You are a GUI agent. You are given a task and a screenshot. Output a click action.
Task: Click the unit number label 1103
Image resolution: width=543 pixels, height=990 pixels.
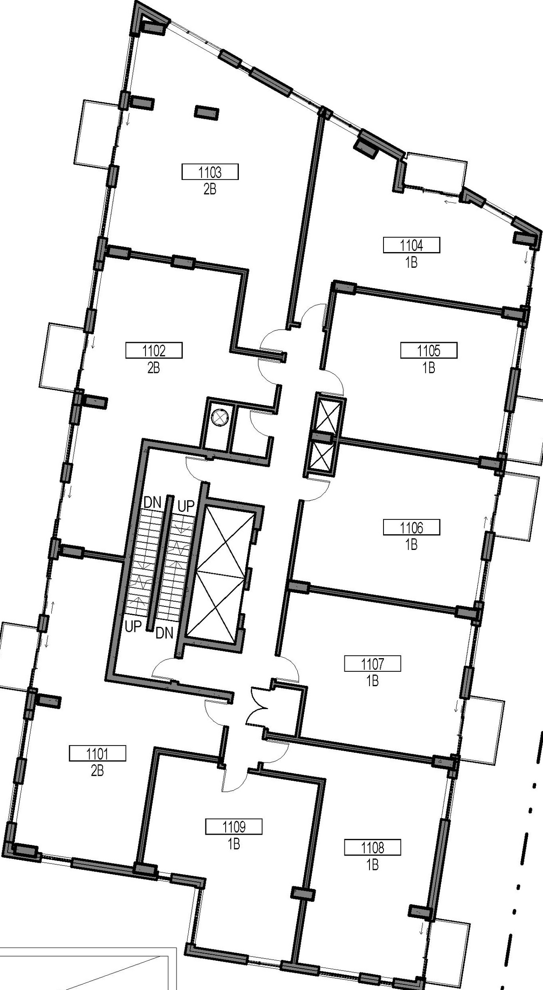tap(210, 172)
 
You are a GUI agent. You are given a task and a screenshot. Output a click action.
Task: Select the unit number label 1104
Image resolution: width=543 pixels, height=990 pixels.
tap(411, 245)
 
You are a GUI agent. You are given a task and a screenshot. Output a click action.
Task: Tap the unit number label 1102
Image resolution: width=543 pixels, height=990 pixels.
tap(154, 351)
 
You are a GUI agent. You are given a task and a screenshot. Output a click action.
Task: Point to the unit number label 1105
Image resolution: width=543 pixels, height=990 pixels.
tap(429, 351)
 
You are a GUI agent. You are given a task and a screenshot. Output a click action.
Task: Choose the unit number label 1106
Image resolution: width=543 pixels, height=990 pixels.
tap(411, 528)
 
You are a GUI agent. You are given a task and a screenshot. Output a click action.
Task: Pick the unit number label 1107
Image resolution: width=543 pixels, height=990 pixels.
tap(372, 664)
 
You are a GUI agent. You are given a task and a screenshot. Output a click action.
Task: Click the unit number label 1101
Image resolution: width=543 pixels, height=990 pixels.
tap(97, 754)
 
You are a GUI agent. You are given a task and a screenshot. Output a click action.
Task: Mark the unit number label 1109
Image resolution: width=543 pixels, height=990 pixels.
tap(234, 827)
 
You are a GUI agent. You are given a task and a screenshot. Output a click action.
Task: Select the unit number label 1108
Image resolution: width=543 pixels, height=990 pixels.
tap(372, 848)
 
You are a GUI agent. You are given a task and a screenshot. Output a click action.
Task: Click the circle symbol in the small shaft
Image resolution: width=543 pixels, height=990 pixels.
tap(220, 417)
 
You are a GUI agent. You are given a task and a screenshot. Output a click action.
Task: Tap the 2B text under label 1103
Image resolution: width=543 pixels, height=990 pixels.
tap(210, 189)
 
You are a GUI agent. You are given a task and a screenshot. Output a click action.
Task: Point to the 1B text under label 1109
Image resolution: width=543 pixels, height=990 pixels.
tap(234, 844)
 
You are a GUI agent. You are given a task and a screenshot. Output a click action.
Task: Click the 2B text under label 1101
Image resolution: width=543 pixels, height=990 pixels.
tap(97, 771)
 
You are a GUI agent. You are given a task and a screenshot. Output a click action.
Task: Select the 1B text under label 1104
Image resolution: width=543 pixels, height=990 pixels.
tap(411, 263)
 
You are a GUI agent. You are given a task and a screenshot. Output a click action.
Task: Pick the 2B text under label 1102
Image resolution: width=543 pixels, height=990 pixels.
tap(154, 368)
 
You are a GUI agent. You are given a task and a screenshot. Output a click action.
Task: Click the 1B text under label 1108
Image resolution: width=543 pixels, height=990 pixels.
tap(372, 865)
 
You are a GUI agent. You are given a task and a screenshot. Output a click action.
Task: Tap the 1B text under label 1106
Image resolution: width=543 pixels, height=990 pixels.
tap(411, 544)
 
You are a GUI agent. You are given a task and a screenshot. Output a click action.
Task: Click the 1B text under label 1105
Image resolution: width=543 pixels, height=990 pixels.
tap(429, 368)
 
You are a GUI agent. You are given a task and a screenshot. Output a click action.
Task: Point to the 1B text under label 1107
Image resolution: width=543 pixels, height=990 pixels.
tap(372, 681)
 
